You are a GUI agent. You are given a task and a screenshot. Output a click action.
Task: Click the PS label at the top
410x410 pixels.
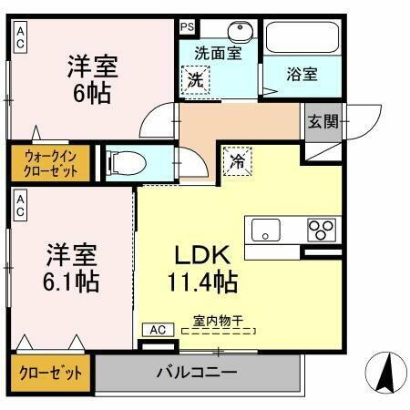click(187, 26)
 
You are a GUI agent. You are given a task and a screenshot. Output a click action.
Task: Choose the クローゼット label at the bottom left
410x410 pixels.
click(49, 374)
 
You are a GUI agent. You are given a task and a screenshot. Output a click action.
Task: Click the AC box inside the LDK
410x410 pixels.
click(157, 329)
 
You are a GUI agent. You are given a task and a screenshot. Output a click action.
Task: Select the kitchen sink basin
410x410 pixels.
click(265, 228)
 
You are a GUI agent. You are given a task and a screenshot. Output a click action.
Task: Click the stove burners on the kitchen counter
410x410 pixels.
click(321, 228)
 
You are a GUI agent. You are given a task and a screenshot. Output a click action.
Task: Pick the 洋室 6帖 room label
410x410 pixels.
click(94, 79)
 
